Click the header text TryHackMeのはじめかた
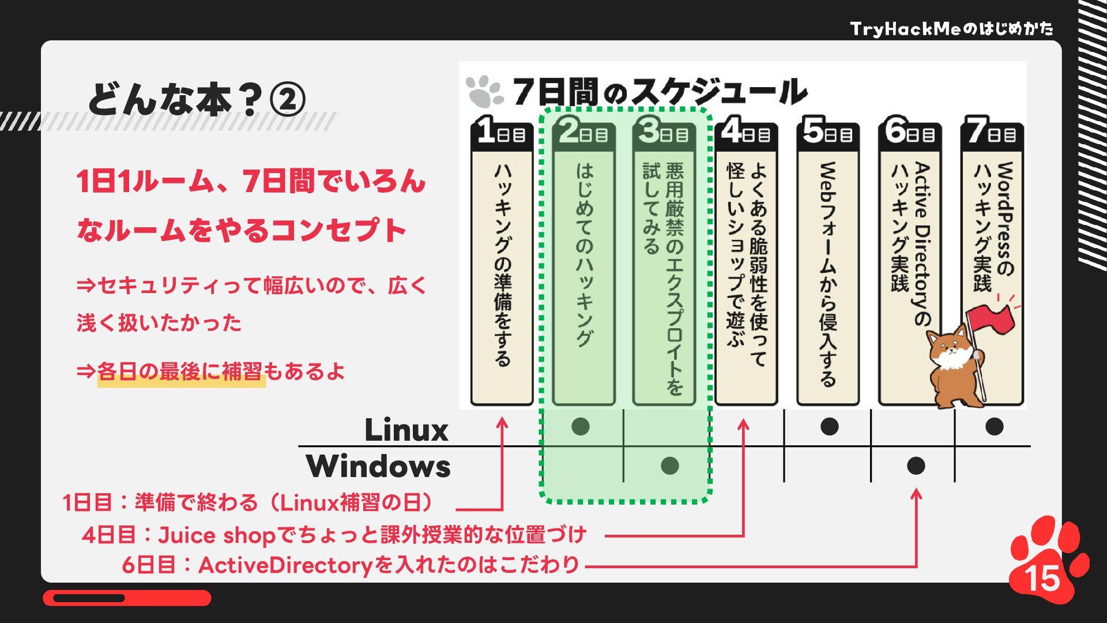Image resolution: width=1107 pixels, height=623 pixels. coord(951,29)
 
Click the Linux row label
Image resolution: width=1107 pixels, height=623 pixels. coord(406,430)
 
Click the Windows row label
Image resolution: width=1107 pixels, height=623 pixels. coord(378,466)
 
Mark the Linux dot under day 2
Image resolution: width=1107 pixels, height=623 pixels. coord(580,427)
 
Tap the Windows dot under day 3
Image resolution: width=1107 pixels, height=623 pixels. coord(669,466)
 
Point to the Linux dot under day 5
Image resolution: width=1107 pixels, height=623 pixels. coord(829,427)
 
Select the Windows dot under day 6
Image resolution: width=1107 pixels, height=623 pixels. coord(916,466)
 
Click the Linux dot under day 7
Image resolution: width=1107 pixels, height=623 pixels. coord(994,427)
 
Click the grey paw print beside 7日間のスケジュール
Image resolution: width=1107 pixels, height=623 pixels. coord(484,92)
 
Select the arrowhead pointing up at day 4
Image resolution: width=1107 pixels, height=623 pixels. coord(743,425)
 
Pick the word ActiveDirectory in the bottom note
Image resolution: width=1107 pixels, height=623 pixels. coord(286,565)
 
